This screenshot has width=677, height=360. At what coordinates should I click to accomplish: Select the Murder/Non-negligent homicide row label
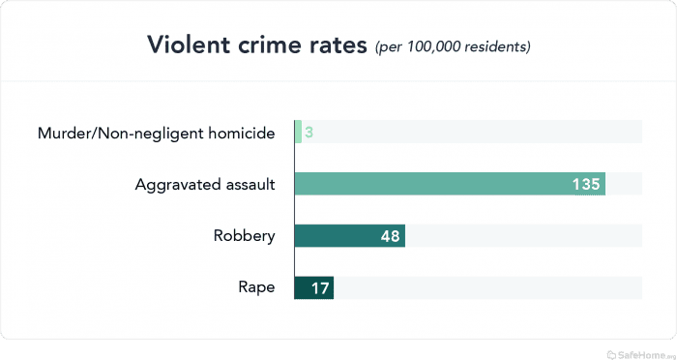pyautogui.click(x=156, y=132)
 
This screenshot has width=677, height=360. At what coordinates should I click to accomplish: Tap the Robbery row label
pyautogui.click(x=244, y=236)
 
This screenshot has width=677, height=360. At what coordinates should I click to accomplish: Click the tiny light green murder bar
pyautogui.click(x=298, y=132)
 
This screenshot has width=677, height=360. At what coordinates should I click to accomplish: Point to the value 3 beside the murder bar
pyautogui.click(x=309, y=132)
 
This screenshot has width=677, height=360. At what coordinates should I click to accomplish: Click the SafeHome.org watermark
pyautogui.click(x=639, y=350)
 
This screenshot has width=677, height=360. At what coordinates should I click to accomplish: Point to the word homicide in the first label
pyautogui.click(x=240, y=132)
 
